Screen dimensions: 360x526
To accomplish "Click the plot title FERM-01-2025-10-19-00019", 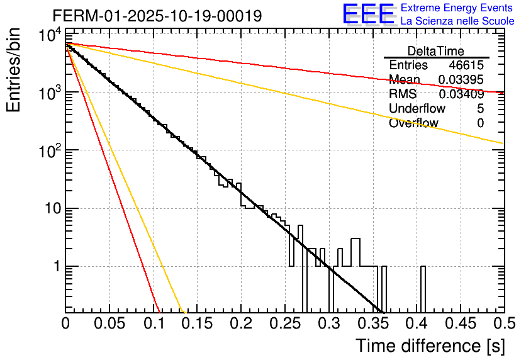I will coord(157,16).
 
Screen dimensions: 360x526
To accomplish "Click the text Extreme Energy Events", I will coord(457,8).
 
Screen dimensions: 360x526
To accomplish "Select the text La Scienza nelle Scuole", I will coord(457,21).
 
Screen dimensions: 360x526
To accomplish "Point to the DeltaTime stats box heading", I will coord(436,51).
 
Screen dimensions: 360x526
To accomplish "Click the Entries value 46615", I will coord(466,65).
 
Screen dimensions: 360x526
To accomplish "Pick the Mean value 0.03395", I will coord(461,80).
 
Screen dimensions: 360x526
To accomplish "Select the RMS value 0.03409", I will coord(461,94).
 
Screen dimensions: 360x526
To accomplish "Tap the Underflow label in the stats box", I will coord(417,109).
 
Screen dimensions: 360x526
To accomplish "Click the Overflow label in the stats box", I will coord(414,123).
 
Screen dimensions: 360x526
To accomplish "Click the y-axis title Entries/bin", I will coord(13,70).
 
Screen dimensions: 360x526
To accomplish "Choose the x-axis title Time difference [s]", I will coord(430,346).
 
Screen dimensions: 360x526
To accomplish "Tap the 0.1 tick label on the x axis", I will coord(153,325).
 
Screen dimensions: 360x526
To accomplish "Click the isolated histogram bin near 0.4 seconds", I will coord(423,290).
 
